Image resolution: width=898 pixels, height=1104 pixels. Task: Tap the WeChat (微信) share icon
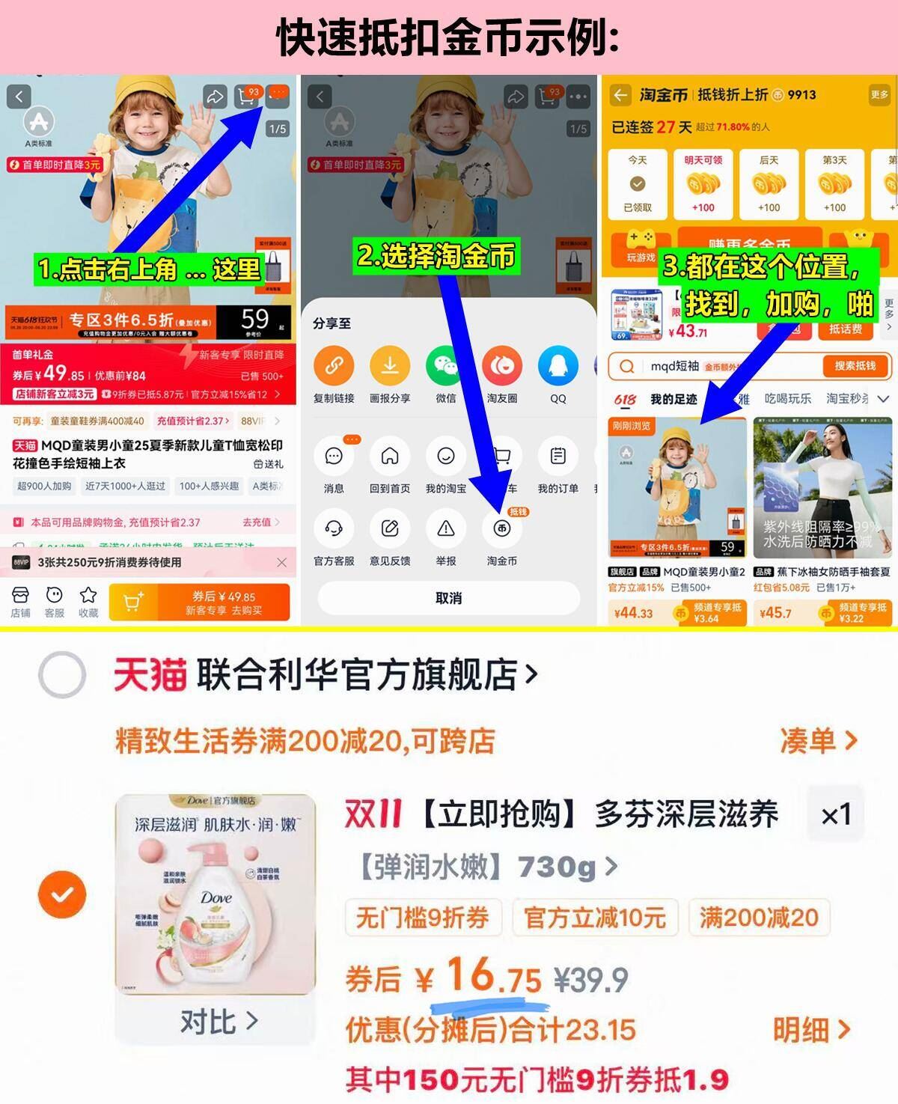coord(445,366)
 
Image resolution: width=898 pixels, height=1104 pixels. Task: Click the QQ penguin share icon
coord(558,366)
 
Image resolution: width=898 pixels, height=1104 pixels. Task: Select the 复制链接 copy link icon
coord(334,366)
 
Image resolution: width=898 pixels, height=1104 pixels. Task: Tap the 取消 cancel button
coord(448,598)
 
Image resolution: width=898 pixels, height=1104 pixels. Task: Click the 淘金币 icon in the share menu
coord(501,529)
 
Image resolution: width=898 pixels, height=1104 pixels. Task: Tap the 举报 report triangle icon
coord(445,529)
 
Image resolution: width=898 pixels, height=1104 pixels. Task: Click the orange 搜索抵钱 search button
coord(854,366)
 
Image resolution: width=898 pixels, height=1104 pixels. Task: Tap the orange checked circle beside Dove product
coord(62,894)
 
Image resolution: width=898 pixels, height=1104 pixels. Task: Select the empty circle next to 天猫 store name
coord(62,674)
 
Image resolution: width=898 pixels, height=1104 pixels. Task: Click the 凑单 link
coord(817,741)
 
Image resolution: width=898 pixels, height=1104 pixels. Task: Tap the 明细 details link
coord(811,1031)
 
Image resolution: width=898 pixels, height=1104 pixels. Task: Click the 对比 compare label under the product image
coord(218,1021)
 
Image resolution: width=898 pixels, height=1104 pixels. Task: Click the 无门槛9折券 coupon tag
coord(422,918)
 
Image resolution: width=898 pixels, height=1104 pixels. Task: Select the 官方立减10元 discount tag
coord(595,918)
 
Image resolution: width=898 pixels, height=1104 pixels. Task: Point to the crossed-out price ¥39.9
coord(590,980)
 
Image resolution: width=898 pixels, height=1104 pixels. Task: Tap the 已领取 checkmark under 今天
coord(638,184)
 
